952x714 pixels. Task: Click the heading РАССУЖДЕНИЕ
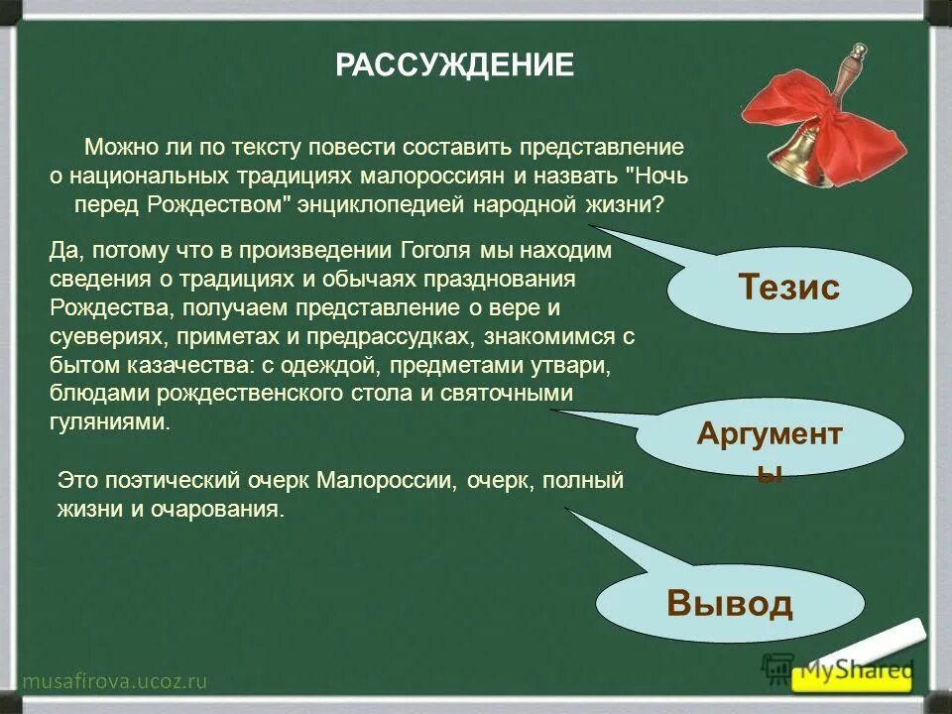coord(454,65)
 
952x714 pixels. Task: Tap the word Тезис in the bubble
coord(788,288)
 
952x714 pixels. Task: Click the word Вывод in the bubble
coord(730,603)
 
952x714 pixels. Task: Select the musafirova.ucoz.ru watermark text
coord(114,680)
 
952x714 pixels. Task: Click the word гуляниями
coord(109,420)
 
